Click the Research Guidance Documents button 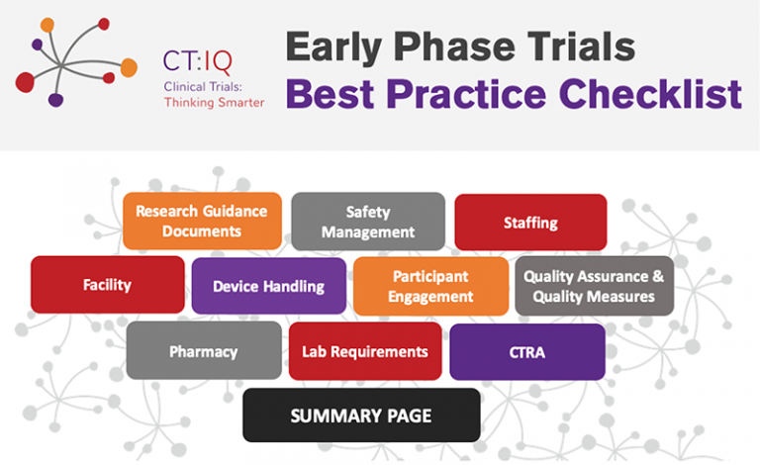click(202, 221)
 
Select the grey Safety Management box click(367, 222)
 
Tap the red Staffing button click(530, 223)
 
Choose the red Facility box click(107, 285)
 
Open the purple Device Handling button click(268, 286)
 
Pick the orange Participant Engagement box click(429, 286)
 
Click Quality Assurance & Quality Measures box click(594, 286)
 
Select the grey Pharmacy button click(203, 351)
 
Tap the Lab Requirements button click(365, 351)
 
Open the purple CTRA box click(526, 351)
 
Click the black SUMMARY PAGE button click(360, 415)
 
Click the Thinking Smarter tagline click(214, 102)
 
